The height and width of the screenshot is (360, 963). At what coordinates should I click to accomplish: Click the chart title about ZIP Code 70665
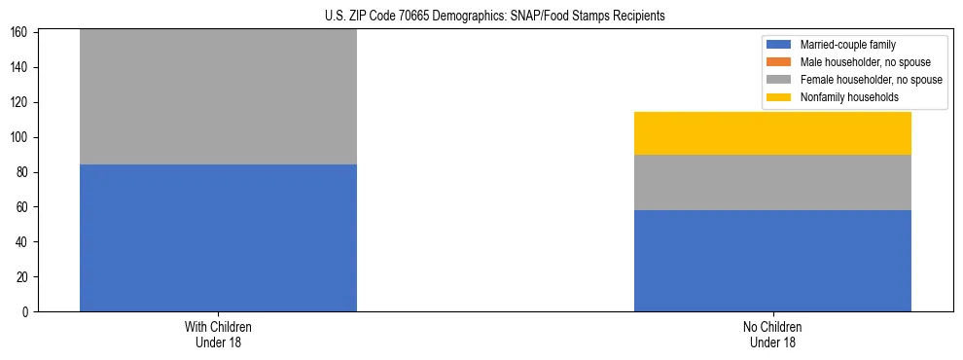click(x=494, y=17)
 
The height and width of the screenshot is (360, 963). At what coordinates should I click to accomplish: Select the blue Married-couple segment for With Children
click(x=218, y=237)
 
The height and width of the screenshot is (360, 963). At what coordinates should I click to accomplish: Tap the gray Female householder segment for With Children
click(x=218, y=96)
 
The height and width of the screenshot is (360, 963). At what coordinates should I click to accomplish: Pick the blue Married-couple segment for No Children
click(x=772, y=261)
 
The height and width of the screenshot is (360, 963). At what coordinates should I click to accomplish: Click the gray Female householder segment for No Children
click(x=772, y=182)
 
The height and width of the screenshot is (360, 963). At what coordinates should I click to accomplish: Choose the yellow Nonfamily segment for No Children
click(x=772, y=133)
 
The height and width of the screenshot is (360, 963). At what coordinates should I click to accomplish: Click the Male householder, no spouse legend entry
click(x=856, y=62)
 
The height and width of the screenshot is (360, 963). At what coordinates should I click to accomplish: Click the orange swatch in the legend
click(x=780, y=62)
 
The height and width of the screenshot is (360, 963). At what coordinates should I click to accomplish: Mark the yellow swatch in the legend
click(x=780, y=97)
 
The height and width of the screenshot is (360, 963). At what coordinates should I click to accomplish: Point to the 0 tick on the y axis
click(x=25, y=312)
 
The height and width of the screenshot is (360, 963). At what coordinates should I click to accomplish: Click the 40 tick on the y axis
click(x=22, y=242)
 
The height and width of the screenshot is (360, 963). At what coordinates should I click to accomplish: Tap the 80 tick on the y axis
click(x=22, y=172)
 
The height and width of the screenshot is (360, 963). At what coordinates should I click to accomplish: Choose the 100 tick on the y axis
click(x=19, y=137)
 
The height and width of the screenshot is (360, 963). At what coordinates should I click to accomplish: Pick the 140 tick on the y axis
click(x=19, y=67)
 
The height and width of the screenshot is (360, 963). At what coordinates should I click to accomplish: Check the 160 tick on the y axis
click(x=19, y=33)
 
